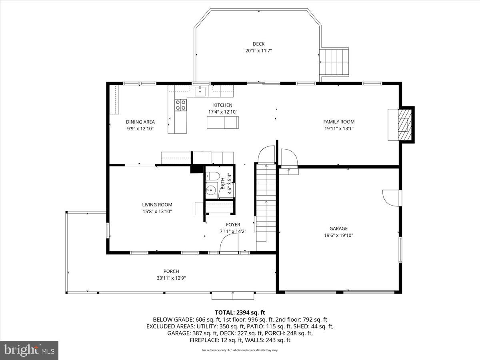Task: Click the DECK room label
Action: pyautogui.click(x=258, y=44)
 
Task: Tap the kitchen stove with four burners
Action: pyautogui.click(x=180, y=105)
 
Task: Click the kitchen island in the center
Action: pyautogui.click(x=222, y=122)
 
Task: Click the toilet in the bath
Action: pyautogui.click(x=212, y=176)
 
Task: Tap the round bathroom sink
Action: pyautogui.click(x=211, y=190)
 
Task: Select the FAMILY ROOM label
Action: pyautogui.click(x=339, y=122)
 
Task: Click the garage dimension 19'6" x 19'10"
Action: pyautogui.click(x=338, y=235)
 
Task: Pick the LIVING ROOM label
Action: pyautogui.click(x=157, y=205)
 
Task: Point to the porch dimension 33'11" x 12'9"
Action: pyautogui.click(x=171, y=278)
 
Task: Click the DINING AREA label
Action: pyautogui.click(x=140, y=122)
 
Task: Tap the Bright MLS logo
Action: pyautogui.click(x=29, y=350)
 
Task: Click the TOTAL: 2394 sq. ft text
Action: pyautogui.click(x=240, y=312)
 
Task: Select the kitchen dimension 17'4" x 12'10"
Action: pyautogui.click(x=222, y=112)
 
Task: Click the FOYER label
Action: pyautogui.click(x=233, y=225)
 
